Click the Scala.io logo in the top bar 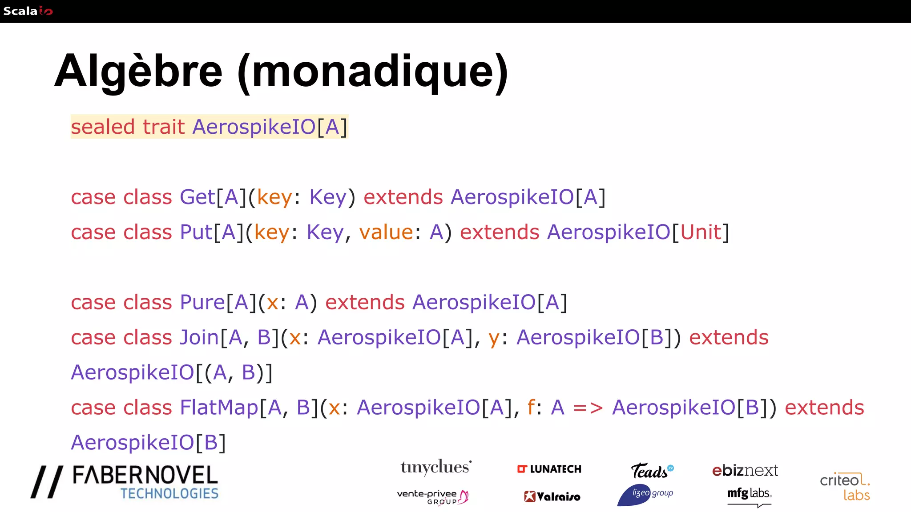(28, 11)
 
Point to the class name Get (198, 197)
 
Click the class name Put (196, 232)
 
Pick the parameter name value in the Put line (386, 232)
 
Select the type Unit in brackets (701, 232)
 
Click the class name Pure (202, 303)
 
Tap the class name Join (199, 338)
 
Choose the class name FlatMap (219, 408)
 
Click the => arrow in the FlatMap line (588, 408)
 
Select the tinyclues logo (435, 468)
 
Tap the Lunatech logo (549, 469)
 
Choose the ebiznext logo (745, 471)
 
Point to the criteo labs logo (845, 487)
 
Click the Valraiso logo (552, 497)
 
